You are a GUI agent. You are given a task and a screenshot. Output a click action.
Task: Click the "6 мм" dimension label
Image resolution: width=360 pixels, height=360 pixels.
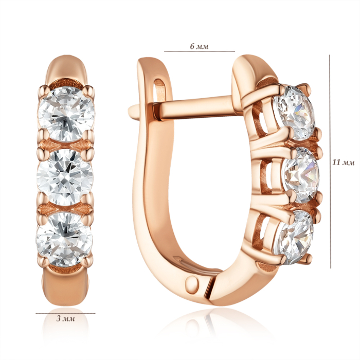199,46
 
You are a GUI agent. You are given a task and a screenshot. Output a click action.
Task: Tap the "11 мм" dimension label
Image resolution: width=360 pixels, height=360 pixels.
344,163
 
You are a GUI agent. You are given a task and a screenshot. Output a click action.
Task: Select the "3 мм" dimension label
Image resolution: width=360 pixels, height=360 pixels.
66,319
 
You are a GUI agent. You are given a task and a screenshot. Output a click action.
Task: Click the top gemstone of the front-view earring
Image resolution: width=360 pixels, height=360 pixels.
66,114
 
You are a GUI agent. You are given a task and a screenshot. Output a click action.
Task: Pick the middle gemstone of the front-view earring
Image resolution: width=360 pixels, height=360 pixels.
65,177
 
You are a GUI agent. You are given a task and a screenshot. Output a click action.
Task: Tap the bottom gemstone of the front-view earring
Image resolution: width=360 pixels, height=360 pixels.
64,239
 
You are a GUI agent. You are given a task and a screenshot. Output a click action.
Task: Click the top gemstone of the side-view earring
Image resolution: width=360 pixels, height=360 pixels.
294,112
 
